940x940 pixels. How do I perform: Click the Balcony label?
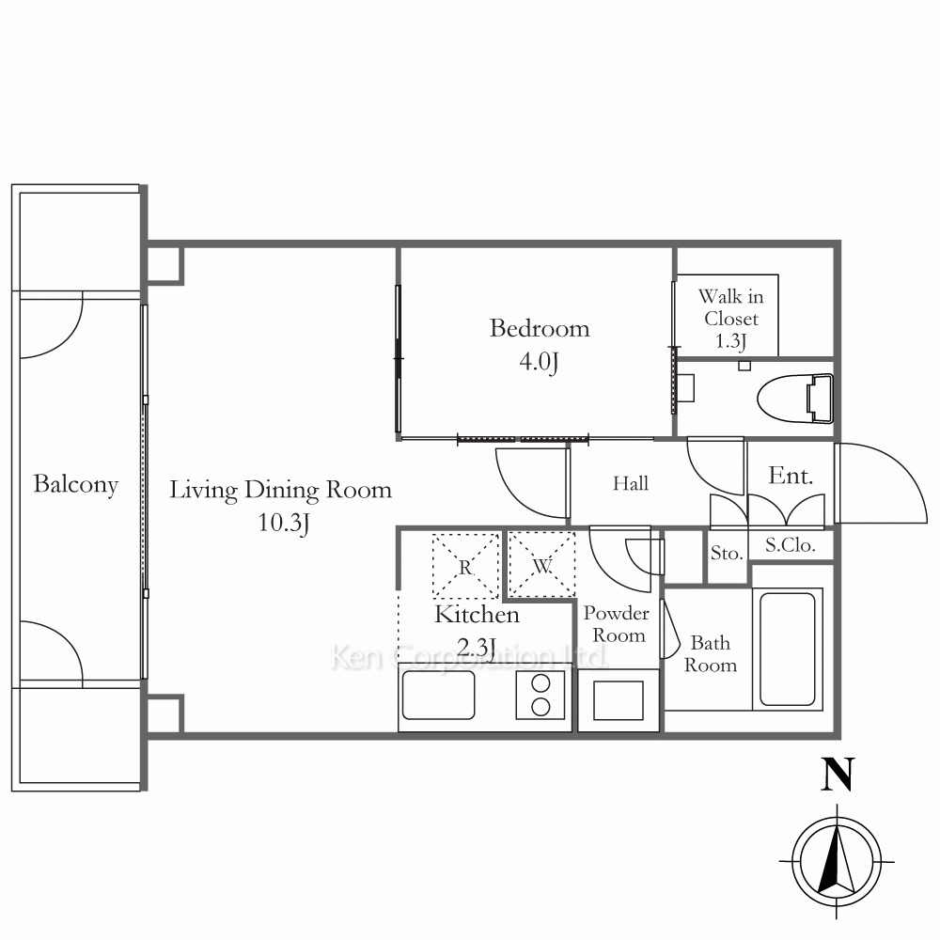75,484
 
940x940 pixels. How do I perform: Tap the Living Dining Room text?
280,491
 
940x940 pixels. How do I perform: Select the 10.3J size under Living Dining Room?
284,523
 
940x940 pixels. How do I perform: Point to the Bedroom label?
540,328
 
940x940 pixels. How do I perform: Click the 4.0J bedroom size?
539,362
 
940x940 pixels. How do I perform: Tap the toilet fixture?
795,398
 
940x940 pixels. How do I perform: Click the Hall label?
631,483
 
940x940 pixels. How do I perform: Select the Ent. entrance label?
791,476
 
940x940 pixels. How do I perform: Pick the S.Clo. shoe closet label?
791,545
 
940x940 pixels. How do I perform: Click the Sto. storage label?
727,553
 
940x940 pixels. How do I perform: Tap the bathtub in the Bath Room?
787,649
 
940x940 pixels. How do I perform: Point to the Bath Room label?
711,654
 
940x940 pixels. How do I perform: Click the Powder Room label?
617,624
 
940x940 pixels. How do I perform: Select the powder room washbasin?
619,700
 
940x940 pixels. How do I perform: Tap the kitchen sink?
438,696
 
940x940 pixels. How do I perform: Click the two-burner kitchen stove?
540,696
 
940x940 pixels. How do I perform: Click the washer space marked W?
542,565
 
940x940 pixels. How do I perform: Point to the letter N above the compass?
837,775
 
